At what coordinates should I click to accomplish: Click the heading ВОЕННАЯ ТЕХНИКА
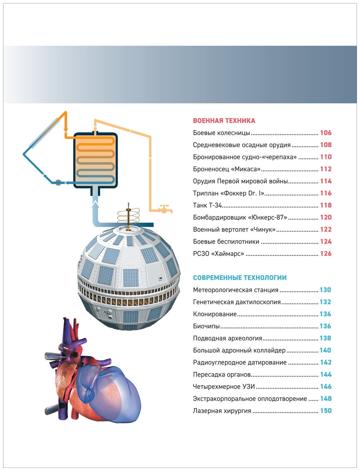224,121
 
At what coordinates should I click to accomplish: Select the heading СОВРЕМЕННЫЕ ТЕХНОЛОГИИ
239,278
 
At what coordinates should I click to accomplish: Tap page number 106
326,133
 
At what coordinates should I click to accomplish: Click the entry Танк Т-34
207,205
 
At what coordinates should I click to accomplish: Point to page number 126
326,253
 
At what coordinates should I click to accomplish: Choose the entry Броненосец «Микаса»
226,169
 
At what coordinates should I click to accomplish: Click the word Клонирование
214,314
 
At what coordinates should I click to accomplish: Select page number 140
325,350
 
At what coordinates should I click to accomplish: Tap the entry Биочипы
206,326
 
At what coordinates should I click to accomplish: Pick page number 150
326,411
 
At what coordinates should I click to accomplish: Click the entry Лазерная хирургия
222,411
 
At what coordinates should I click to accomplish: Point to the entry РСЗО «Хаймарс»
218,254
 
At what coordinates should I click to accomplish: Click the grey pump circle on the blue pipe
58,183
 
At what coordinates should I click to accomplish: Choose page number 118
326,205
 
